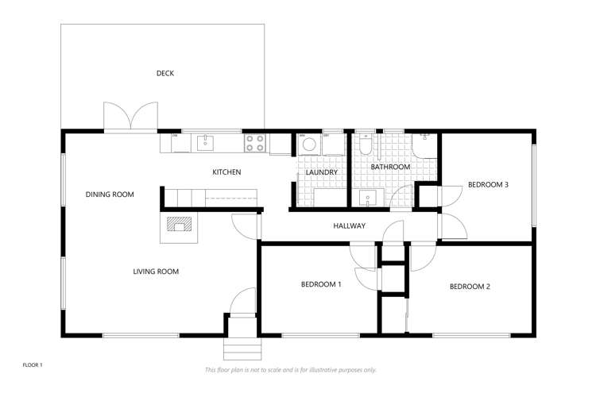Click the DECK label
point(164,74)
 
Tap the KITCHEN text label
point(226,172)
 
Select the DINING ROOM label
point(110,195)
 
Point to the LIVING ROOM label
point(156,272)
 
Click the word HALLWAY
point(349,226)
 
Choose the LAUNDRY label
point(321,172)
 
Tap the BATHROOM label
point(390,168)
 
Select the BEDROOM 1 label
point(321,284)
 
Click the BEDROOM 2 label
point(470,287)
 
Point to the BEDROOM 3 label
point(488,185)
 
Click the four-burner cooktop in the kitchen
point(254,143)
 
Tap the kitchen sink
point(205,143)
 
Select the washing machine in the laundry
point(308,145)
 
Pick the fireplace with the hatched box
point(180,225)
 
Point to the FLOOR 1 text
point(32,364)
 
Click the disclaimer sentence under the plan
point(291,370)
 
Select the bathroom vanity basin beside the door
point(368,197)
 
